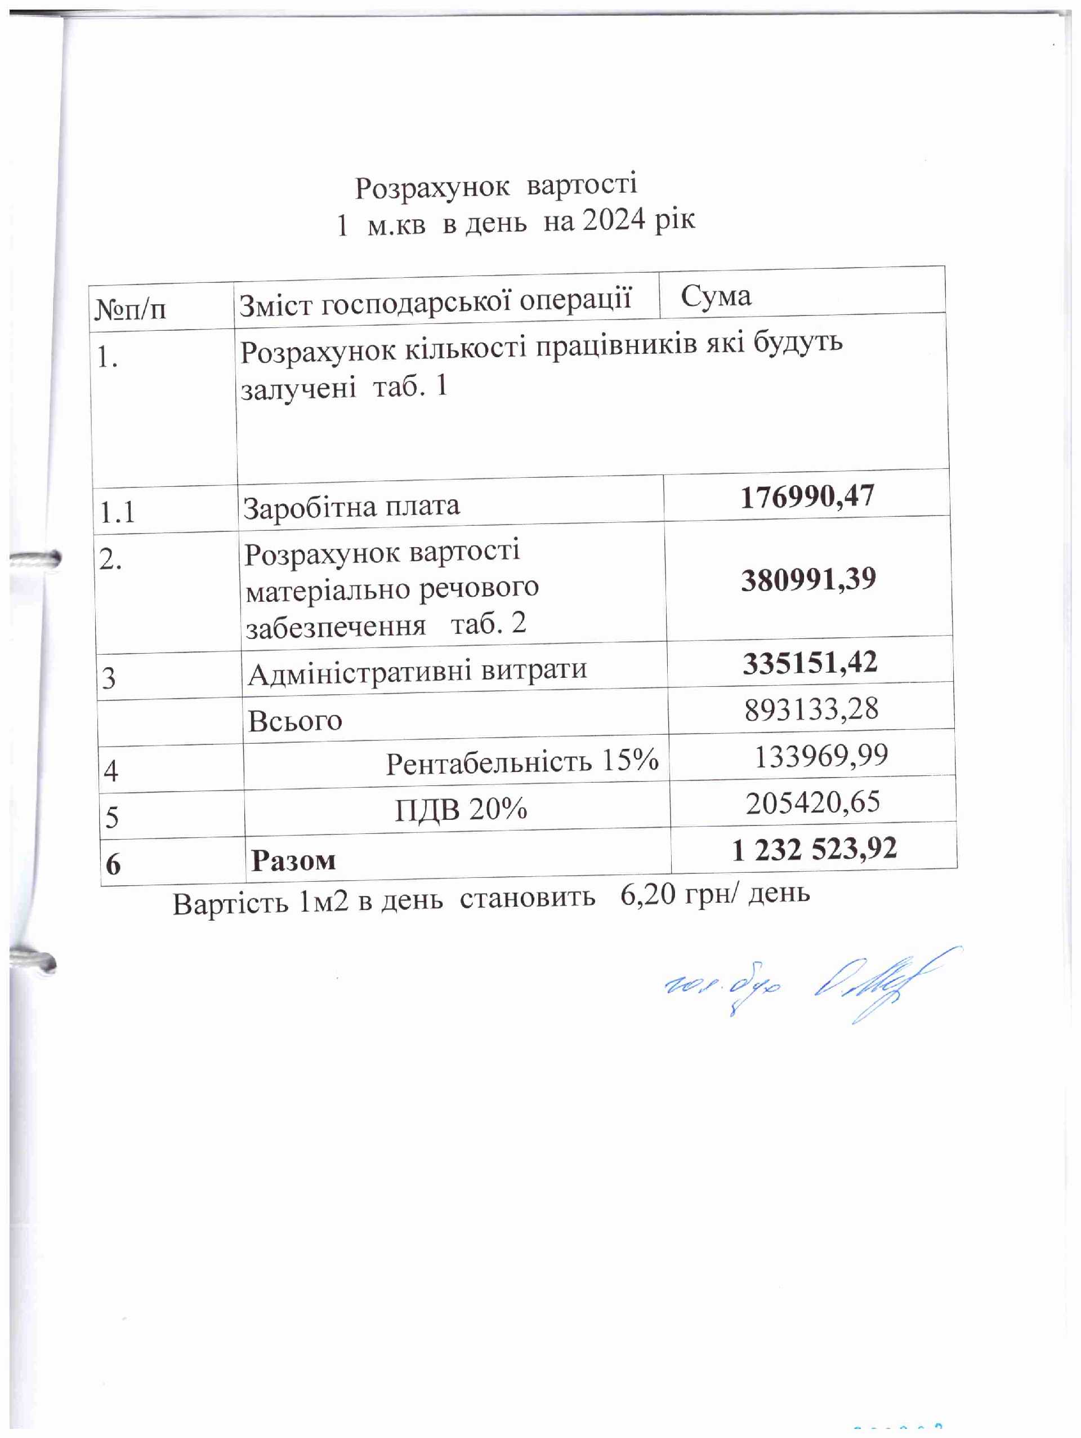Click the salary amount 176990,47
point(807,496)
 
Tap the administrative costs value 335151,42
point(810,663)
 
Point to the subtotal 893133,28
point(811,709)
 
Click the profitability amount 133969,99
point(820,756)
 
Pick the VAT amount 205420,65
point(812,803)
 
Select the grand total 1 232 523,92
point(814,850)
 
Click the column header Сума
point(716,297)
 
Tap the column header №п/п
point(131,309)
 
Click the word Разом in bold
point(294,861)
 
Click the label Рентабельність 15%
point(522,761)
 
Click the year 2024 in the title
point(614,221)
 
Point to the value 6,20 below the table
point(647,895)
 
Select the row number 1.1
point(117,513)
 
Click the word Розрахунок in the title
point(432,188)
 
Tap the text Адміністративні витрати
point(417,672)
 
